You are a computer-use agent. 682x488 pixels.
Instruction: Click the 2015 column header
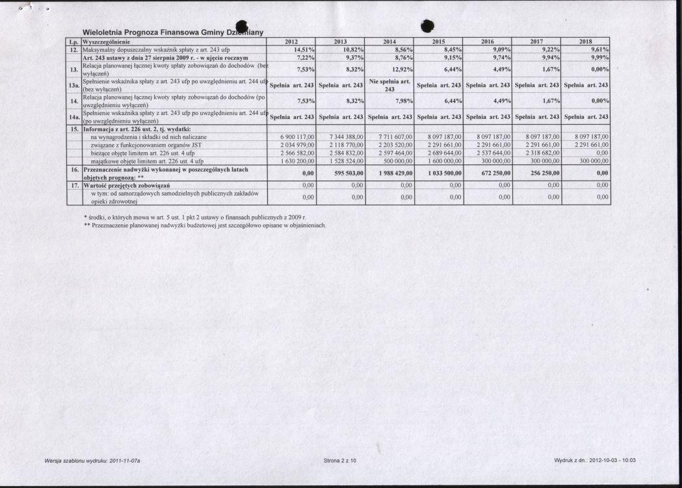point(439,42)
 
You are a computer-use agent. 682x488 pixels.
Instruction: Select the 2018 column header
point(586,42)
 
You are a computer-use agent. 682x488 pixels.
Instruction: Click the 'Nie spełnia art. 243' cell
point(389,85)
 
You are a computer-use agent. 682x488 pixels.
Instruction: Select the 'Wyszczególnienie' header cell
point(104,42)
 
